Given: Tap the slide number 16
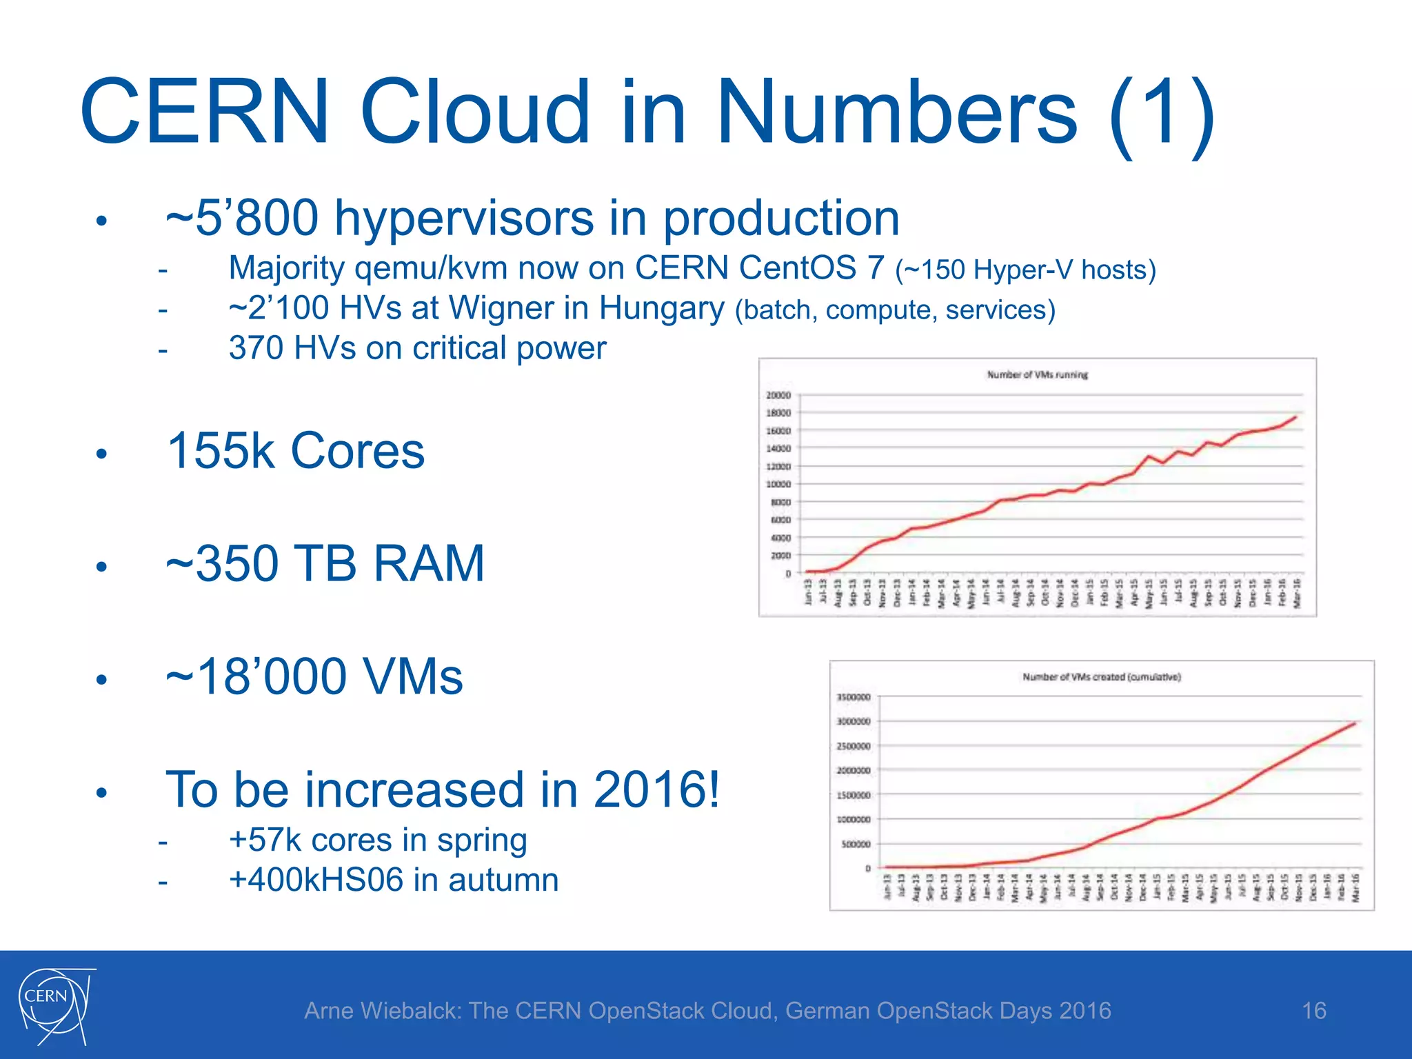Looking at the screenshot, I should point(1313,1011).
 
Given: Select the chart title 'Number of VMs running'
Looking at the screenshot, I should point(1037,374).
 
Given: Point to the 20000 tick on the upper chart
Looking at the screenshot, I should point(778,395).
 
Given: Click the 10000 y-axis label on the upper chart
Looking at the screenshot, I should point(778,484).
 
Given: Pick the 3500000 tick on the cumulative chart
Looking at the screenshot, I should point(854,697).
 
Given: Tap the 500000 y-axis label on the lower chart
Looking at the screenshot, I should point(856,844).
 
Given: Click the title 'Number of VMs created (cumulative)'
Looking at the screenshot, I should point(1101,677).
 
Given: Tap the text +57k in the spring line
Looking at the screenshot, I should point(265,840).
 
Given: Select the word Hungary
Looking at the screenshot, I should point(661,308).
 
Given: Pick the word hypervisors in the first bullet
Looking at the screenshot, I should point(464,218).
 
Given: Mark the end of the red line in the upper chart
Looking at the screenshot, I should point(1296,416).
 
